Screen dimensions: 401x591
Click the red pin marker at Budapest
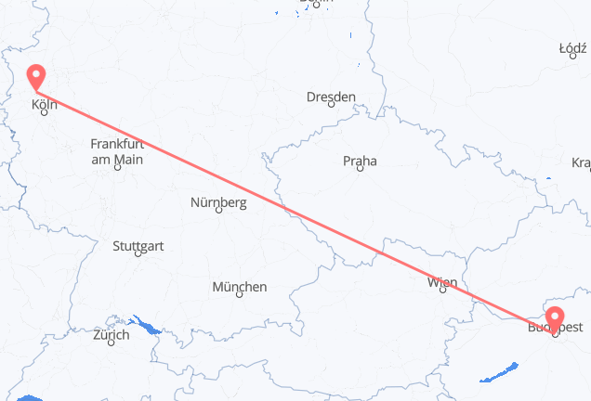556,319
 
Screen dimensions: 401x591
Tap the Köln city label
44,105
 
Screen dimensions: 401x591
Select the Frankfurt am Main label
116,151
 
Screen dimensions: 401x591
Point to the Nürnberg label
217,202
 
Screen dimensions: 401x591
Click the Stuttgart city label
138,246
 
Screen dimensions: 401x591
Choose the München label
239,287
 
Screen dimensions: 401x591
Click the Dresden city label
331,97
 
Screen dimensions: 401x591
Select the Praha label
360,161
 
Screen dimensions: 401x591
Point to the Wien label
441,281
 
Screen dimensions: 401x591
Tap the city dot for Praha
361,171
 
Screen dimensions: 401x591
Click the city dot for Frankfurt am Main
117,169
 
